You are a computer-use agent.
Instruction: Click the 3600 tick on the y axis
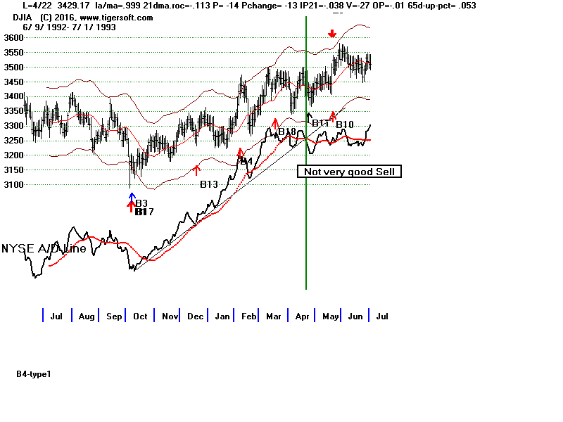[13, 37]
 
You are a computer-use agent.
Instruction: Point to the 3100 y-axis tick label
[13, 185]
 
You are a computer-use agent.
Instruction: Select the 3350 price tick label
[13, 111]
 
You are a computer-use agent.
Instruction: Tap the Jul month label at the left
[57, 316]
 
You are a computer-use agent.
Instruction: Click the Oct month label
[140, 316]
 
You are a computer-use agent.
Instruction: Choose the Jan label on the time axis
[222, 316]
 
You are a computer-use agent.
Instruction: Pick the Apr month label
[303, 316]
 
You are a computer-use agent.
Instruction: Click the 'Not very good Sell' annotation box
[349, 172]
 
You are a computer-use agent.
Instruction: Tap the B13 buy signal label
[208, 185]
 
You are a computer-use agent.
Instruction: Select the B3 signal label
[141, 203]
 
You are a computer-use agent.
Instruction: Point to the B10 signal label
[344, 125]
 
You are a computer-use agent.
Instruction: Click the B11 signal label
[321, 123]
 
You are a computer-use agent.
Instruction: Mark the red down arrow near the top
[332, 34]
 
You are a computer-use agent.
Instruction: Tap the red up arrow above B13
[197, 170]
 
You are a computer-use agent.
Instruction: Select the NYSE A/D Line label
[44, 248]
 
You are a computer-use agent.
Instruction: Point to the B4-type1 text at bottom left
[34, 374]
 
